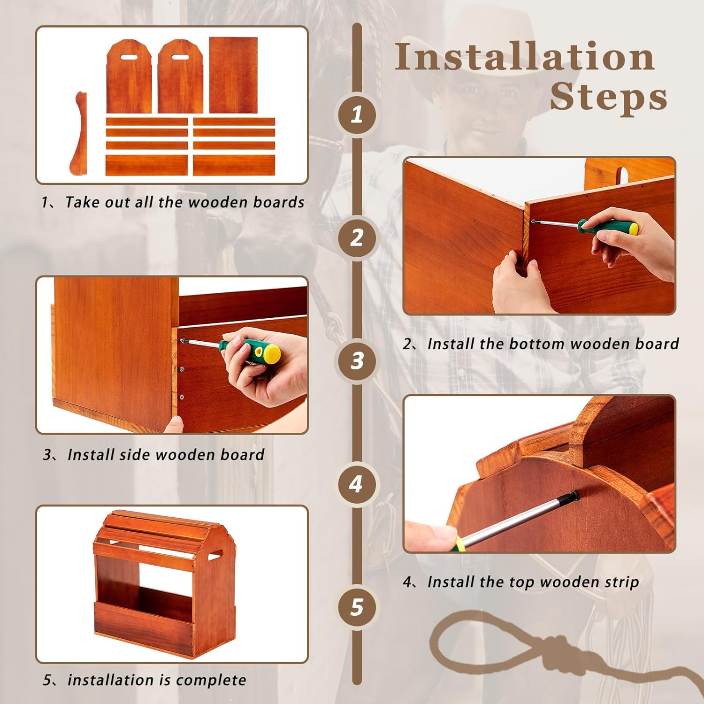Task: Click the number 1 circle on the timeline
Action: click(357, 114)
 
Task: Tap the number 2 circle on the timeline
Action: click(357, 237)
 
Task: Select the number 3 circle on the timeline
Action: click(357, 360)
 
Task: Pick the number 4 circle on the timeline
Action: click(357, 484)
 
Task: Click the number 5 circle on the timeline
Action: click(357, 607)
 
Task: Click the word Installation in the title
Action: click(524, 57)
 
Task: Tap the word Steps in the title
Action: click(608, 97)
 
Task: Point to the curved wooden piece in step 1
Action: click(79, 134)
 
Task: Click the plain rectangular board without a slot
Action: click(233, 75)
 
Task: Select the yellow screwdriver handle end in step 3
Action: click(271, 353)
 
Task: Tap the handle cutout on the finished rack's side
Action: click(214, 557)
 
